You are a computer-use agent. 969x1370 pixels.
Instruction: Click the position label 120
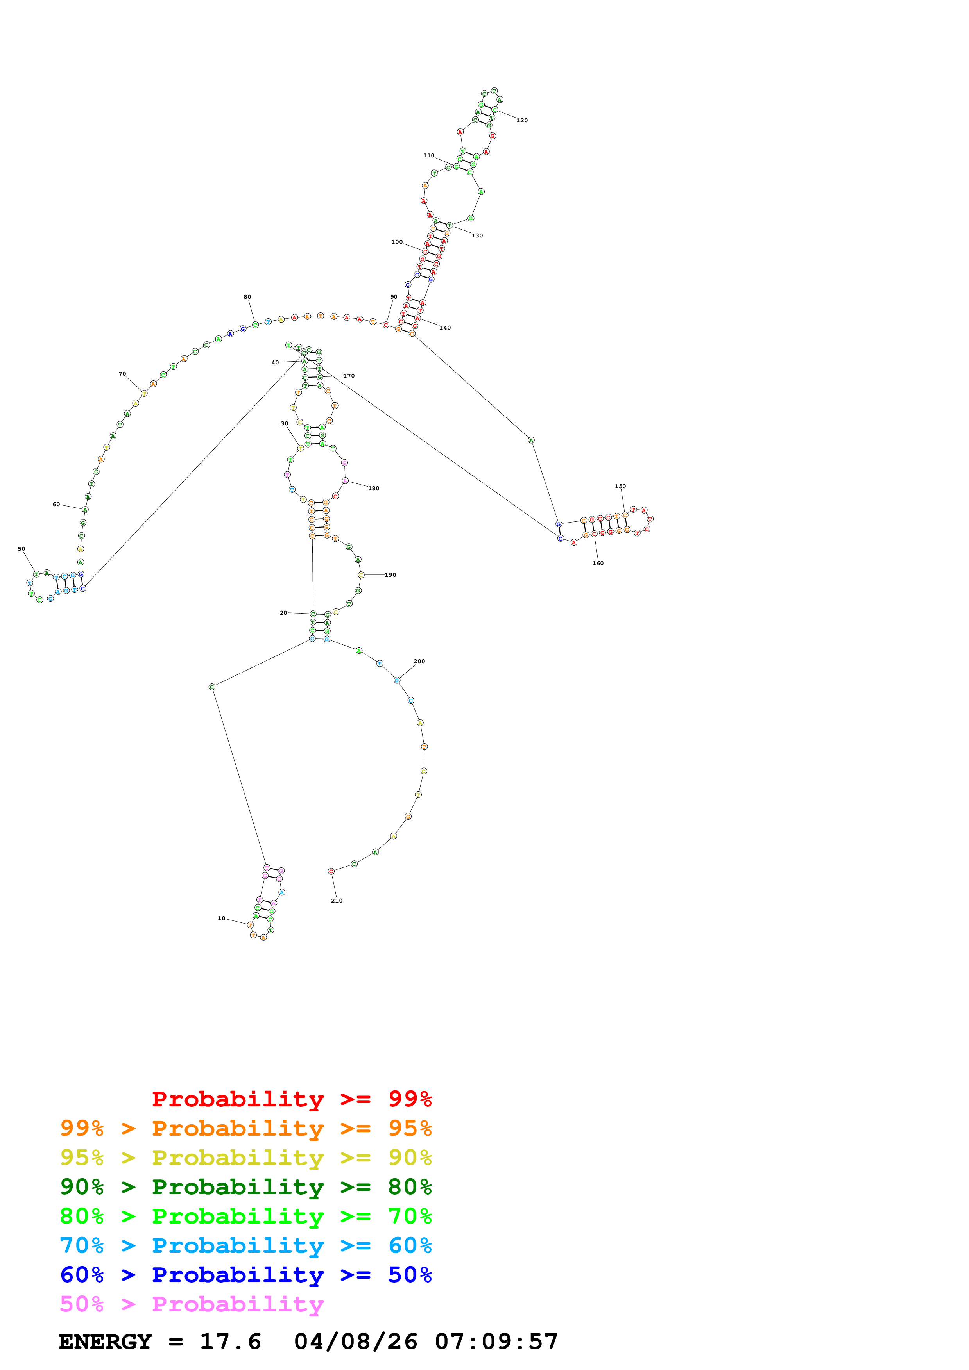[x=522, y=121]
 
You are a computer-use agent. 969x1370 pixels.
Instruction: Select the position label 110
[x=429, y=156]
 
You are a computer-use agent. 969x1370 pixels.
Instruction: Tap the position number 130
[x=477, y=236]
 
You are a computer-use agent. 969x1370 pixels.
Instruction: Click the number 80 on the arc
[x=247, y=297]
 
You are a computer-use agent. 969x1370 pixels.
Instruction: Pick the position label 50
[x=21, y=549]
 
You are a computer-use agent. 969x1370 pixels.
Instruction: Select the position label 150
[x=620, y=486]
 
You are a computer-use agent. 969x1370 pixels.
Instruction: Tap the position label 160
[x=598, y=563]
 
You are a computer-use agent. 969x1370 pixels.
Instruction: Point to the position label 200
[x=419, y=661]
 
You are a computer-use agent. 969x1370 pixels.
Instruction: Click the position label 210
[x=337, y=901]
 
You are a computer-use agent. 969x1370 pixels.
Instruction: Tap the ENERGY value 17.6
[x=231, y=1341]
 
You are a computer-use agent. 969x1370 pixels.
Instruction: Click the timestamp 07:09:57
[x=496, y=1341]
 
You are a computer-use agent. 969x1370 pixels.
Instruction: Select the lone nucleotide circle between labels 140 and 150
[x=531, y=441]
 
